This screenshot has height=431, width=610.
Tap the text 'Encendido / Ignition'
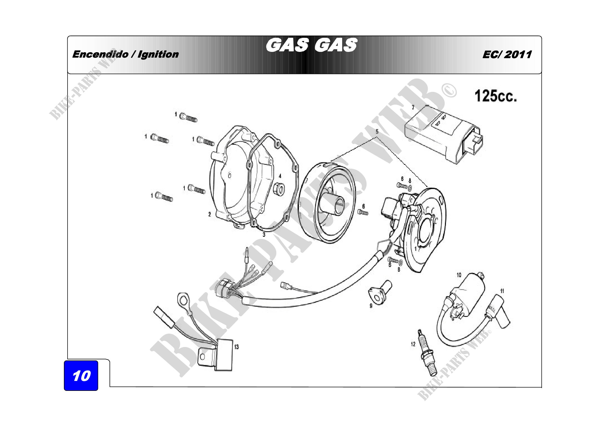tap(125, 54)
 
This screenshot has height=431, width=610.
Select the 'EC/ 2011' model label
tap(507, 55)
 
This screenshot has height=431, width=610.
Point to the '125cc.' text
tap(496, 96)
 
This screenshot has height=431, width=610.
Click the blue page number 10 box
tap(81, 375)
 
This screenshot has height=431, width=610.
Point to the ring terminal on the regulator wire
tap(183, 301)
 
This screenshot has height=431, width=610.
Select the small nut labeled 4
tap(279, 189)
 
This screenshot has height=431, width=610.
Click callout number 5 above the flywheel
tap(377, 132)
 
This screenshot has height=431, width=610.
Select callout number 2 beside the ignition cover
tap(210, 214)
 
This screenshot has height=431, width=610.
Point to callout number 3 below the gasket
tap(264, 234)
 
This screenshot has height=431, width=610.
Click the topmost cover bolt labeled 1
tap(188, 117)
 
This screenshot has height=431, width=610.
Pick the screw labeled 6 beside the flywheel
tap(363, 212)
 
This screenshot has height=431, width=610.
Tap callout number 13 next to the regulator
tap(237, 347)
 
